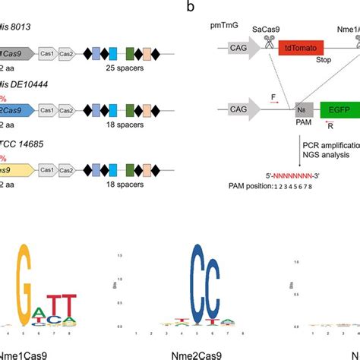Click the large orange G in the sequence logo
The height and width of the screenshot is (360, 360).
[37, 286]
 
